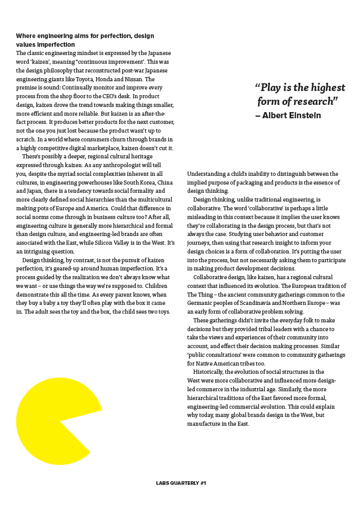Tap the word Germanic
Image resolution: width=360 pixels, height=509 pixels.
tap(203, 303)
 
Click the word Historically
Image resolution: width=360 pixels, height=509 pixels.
tap(208, 372)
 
